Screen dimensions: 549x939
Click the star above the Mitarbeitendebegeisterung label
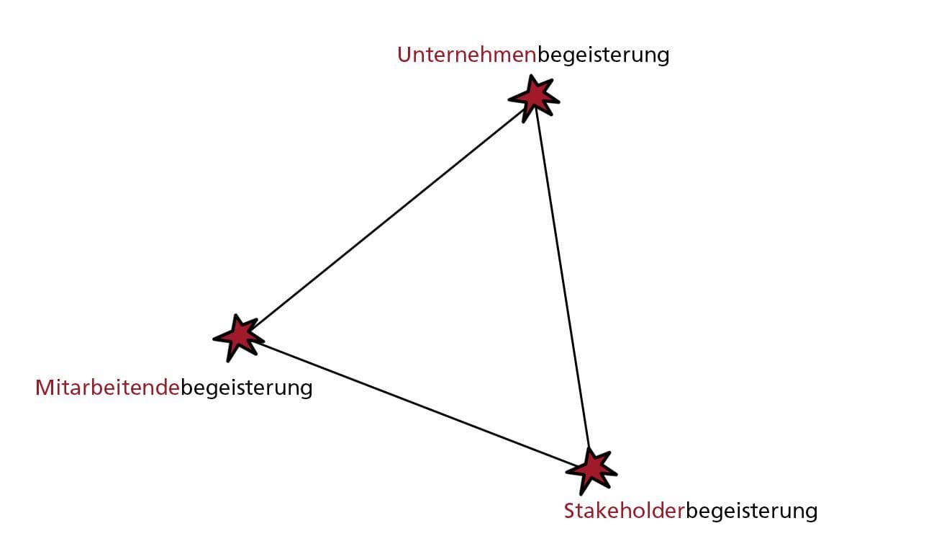(237, 336)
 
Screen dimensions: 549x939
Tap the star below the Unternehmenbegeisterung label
(533, 95)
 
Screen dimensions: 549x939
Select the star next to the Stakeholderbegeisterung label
(591, 469)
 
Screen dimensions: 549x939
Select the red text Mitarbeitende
(107, 388)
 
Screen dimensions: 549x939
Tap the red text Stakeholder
(622, 511)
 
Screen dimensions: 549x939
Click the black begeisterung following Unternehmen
(603, 56)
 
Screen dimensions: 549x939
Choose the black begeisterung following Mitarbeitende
(246, 389)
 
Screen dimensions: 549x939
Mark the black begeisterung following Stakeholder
(751, 512)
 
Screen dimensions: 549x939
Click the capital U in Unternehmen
(404, 55)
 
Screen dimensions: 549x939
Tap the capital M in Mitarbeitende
(45, 388)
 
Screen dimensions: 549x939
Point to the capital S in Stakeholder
(570, 511)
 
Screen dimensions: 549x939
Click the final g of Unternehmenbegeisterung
(662, 58)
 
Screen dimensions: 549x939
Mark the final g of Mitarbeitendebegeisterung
(305, 390)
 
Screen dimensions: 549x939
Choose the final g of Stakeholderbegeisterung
(810, 514)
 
